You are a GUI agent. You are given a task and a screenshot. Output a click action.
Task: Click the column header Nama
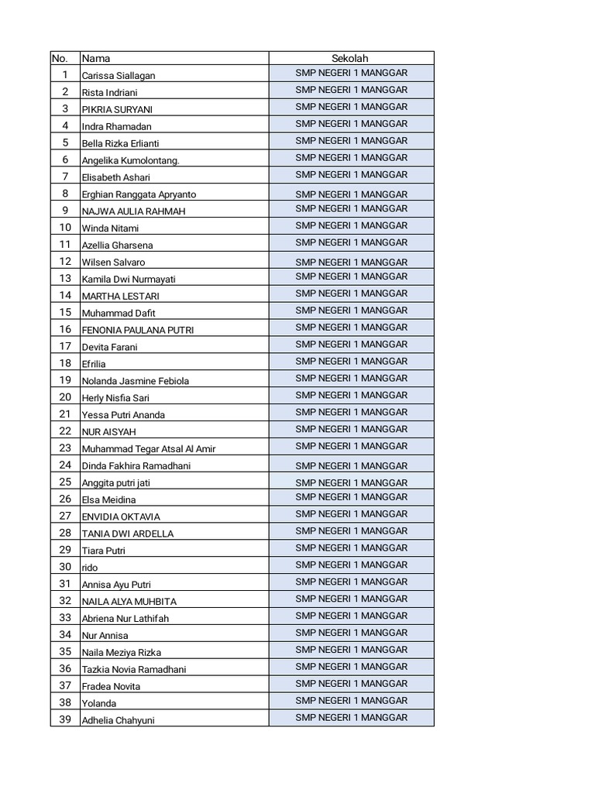[96, 58]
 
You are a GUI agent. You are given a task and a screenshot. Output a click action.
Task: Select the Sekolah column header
[350, 58]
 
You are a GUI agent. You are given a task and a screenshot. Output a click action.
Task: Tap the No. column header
[60, 58]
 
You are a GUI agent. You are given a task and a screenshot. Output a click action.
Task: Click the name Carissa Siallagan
[119, 76]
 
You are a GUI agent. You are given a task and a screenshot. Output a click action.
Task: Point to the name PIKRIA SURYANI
[117, 109]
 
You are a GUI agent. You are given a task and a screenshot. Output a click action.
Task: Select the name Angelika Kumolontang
[131, 160]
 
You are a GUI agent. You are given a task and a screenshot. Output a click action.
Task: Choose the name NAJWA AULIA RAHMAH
[133, 211]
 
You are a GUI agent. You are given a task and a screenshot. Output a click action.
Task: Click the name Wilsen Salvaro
[113, 263]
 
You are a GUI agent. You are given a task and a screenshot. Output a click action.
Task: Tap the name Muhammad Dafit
[119, 313]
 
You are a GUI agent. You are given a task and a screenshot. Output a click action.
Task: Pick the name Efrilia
[94, 364]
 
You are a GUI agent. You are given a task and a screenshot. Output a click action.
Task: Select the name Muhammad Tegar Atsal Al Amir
[149, 449]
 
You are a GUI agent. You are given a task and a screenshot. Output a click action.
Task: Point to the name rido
[90, 568]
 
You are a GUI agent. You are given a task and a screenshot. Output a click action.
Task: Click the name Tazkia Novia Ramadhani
[134, 669]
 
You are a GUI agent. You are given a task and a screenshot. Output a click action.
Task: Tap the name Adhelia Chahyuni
[119, 720]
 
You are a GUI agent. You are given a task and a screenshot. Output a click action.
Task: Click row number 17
[65, 346]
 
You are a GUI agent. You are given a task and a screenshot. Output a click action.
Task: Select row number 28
[65, 533]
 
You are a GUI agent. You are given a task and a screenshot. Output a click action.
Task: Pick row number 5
[65, 142]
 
